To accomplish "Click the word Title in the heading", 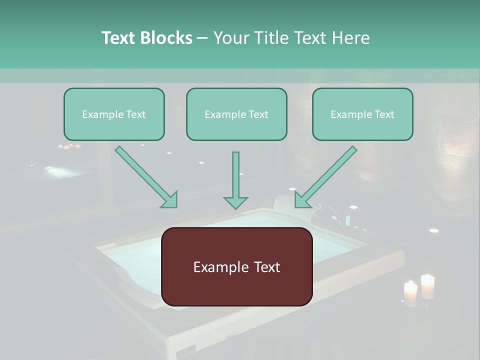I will (x=266, y=38).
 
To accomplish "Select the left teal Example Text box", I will (x=114, y=114).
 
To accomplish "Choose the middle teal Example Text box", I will (x=236, y=114).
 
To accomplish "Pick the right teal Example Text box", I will (x=362, y=114).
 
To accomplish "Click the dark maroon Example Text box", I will (x=237, y=267).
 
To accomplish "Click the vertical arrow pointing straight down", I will (x=235, y=180).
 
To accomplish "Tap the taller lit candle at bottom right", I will (x=427, y=286).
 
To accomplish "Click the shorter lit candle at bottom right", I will (x=410, y=294).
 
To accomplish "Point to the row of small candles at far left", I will (x=69, y=146).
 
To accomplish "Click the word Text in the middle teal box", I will (x=258, y=114).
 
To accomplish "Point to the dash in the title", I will (x=202, y=38).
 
